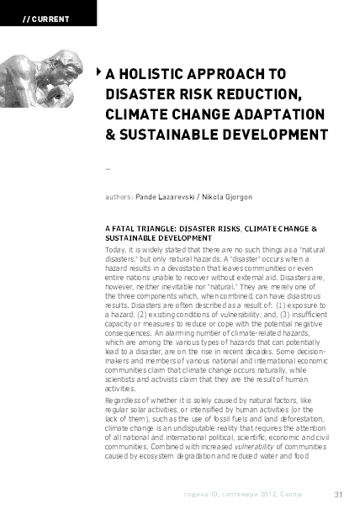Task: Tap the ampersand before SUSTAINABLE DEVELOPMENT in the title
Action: pos(111,135)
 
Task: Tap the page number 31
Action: pos(339,494)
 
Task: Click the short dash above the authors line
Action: pos(105,169)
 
